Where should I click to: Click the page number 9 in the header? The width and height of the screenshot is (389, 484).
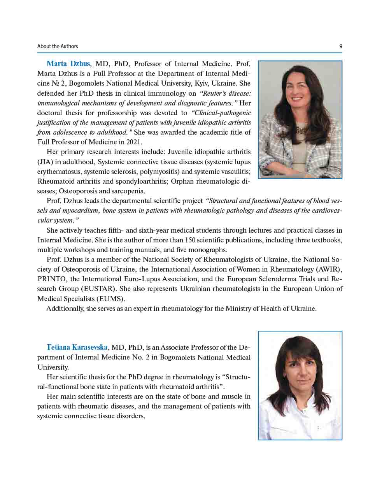point(341,46)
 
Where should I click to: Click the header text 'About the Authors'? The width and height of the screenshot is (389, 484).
point(58,46)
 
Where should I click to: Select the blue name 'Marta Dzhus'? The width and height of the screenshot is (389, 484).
point(68,64)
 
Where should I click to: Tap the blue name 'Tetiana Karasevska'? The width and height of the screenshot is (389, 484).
point(77,347)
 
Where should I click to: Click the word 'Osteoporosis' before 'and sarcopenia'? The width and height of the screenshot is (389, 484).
point(77,191)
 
